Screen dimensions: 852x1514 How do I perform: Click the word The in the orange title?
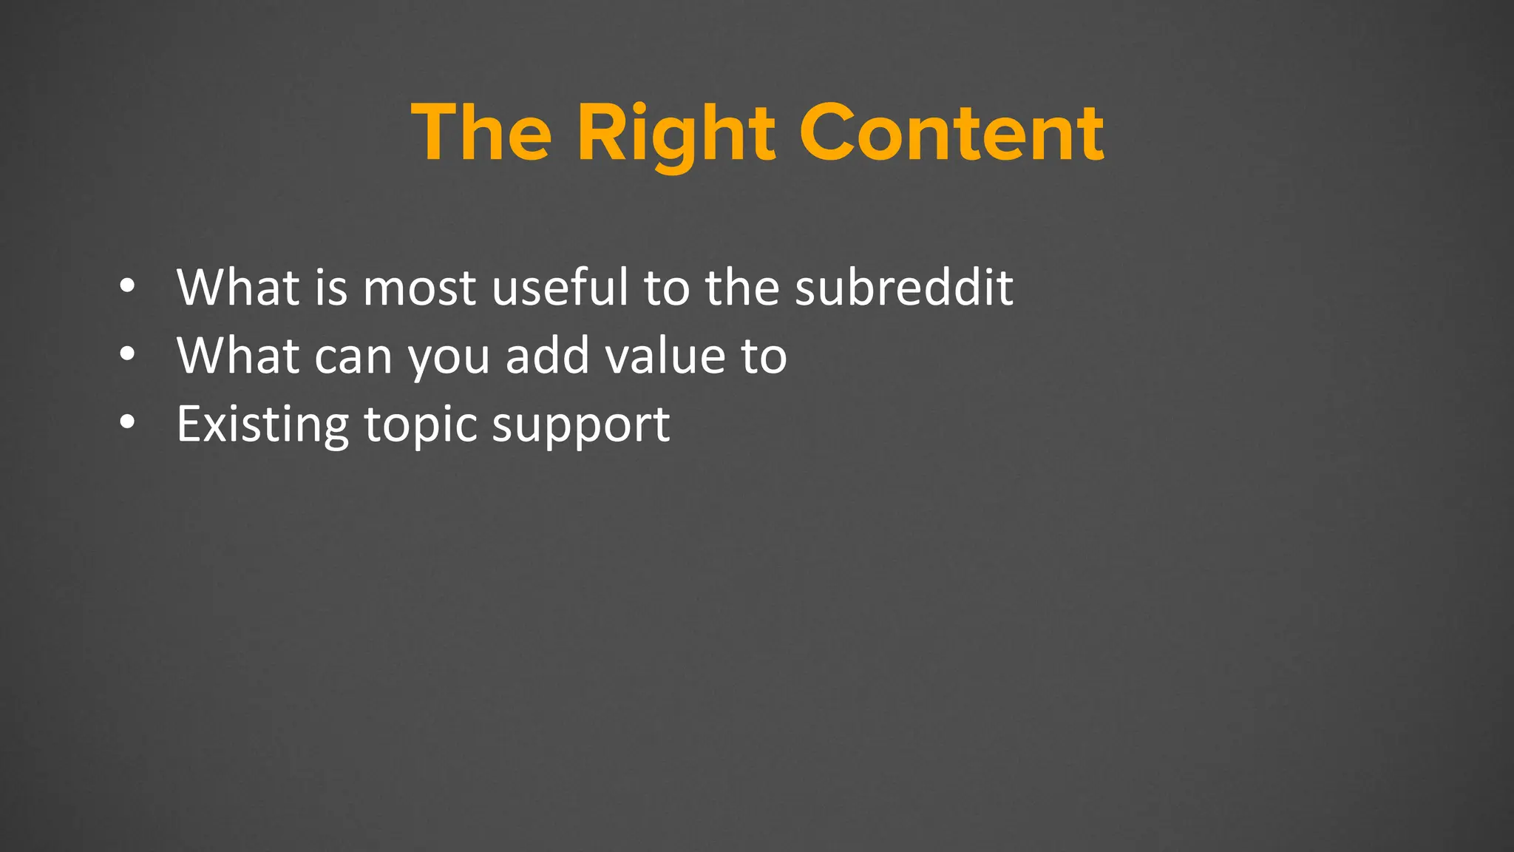pyautogui.click(x=481, y=133)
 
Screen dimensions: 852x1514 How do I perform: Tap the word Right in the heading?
pyautogui.click(x=676, y=135)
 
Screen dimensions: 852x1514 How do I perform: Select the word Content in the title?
pyautogui.click(x=951, y=133)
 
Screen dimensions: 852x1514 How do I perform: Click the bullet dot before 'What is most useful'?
pyautogui.click(x=127, y=286)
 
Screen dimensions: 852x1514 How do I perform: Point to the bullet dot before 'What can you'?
pyautogui.click(x=127, y=354)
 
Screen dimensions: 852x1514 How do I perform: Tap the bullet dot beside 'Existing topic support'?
pyautogui.click(x=127, y=422)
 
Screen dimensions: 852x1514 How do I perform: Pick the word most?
pyautogui.click(x=419, y=288)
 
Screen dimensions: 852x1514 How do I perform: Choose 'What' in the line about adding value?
pyautogui.click(x=237, y=355)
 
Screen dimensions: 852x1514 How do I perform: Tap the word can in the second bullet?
pyautogui.click(x=353, y=356)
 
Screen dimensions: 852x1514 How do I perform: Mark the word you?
pyautogui.click(x=449, y=358)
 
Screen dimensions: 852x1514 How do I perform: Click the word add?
pyautogui.click(x=548, y=355)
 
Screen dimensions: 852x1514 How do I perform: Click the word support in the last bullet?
pyautogui.click(x=581, y=426)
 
